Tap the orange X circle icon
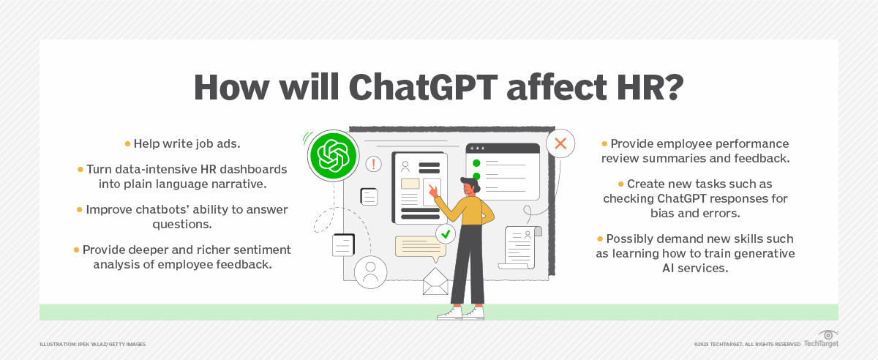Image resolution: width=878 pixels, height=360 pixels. click(x=560, y=143)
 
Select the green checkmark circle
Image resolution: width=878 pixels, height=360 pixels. click(x=446, y=234)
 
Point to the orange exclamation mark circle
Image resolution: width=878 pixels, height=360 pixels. click(x=374, y=164)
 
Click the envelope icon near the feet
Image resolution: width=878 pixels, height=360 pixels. click(x=435, y=282)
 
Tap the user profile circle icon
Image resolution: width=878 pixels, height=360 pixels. click(x=370, y=273)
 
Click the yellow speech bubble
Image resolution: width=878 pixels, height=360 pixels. click(x=420, y=247)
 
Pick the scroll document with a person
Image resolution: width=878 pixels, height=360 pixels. click(x=520, y=246)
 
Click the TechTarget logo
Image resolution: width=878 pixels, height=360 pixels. click(x=821, y=343)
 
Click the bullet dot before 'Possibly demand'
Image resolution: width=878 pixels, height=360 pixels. click(x=599, y=239)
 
